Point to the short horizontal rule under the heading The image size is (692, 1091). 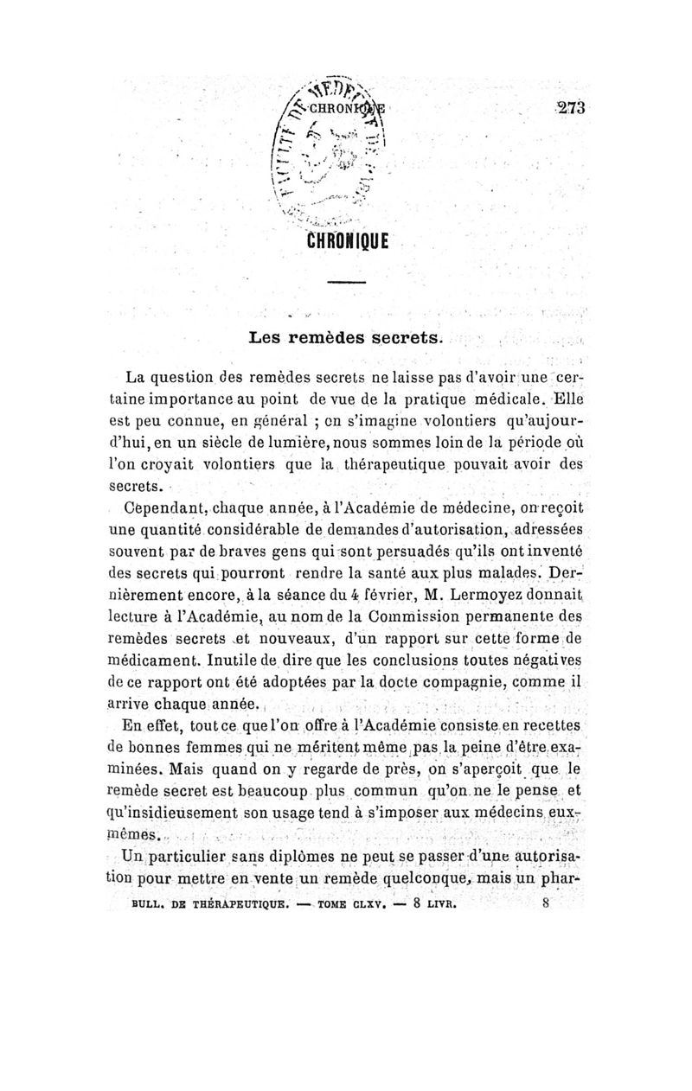pos(347,284)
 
